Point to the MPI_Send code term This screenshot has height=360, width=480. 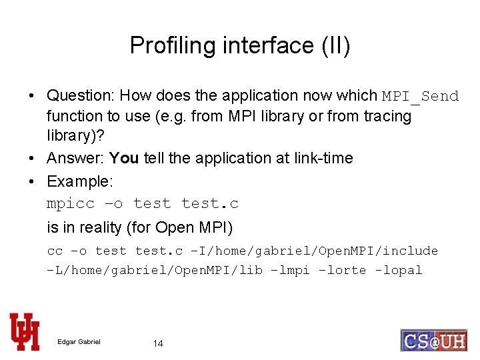tap(420, 96)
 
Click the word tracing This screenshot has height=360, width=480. tap(387, 116)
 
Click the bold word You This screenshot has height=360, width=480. tap(124, 158)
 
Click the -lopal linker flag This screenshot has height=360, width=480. tap(398, 271)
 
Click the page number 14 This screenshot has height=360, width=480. tap(158, 343)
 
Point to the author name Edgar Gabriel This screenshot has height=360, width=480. tap(79, 342)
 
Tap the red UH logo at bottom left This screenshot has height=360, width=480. tap(25, 331)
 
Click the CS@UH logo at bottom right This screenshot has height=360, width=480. tap(433, 340)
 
